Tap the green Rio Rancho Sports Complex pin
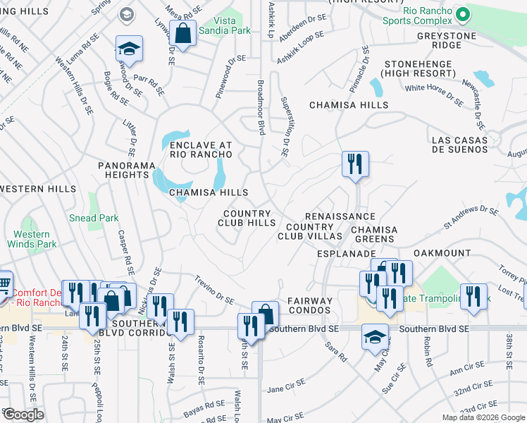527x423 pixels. [462, 14]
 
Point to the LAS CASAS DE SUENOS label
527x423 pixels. [459, 145]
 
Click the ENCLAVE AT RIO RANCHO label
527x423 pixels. [201, 150]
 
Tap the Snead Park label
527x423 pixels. [94, 219]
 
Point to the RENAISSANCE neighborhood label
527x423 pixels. [340, 216]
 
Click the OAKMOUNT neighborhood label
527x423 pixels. [441, 252]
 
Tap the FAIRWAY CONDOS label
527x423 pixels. [309, 305]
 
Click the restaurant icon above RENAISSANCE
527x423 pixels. [355, 164]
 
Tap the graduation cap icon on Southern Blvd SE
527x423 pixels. [376, 336]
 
